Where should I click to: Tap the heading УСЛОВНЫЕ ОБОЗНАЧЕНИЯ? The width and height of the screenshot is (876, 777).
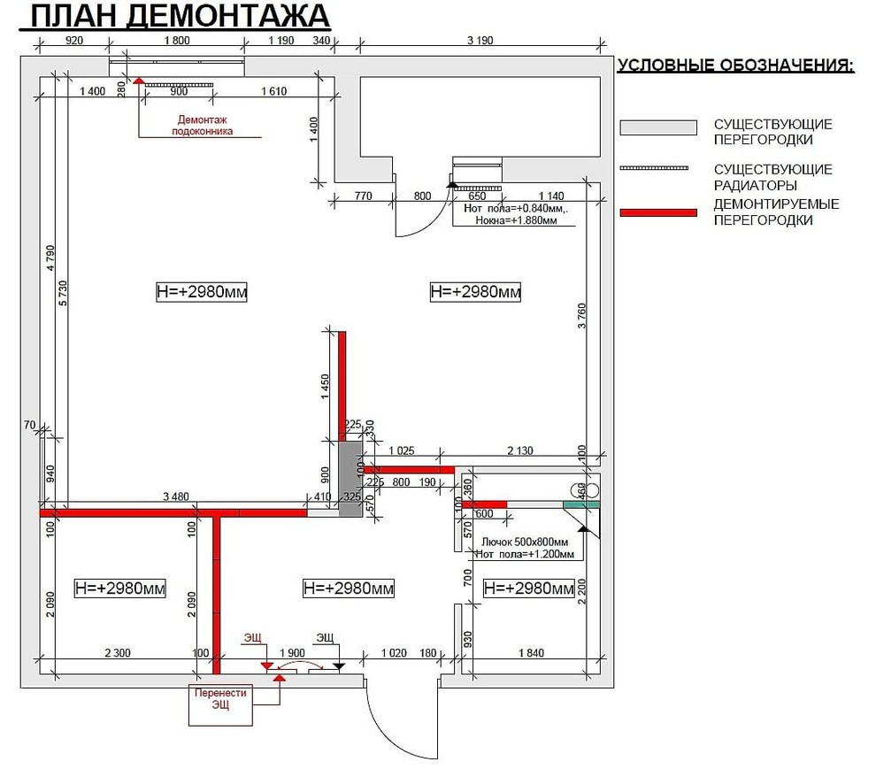[x=735, y=65]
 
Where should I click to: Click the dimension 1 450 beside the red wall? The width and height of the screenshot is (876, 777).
[x=327, y=386]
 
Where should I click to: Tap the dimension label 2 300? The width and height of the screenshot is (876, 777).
[x=118, y=653]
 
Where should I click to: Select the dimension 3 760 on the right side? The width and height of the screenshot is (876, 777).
[x=581, y=316]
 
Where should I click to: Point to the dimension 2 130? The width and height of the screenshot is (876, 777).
[x=519, y=450]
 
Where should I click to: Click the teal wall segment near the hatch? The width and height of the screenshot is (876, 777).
[x=581, y=504]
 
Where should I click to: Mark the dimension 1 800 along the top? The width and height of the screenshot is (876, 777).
[x=178, y=40]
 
